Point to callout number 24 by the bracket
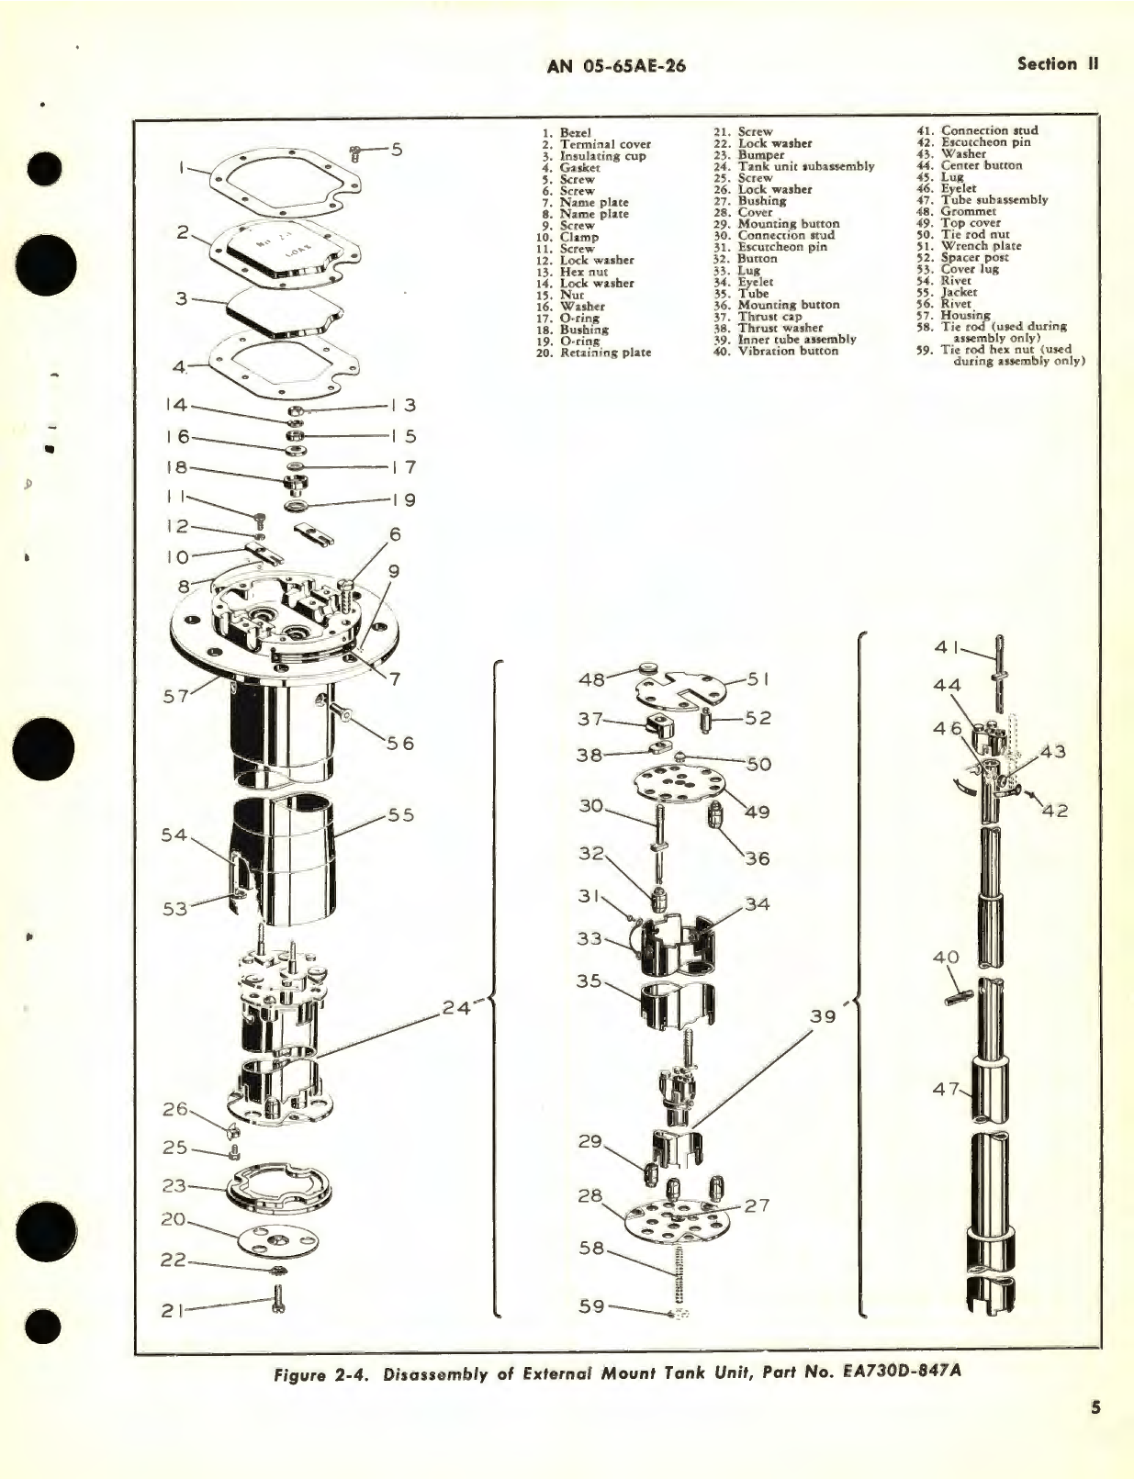(x=455, y=1007)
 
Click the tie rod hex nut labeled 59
(x=679, y=1313)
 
